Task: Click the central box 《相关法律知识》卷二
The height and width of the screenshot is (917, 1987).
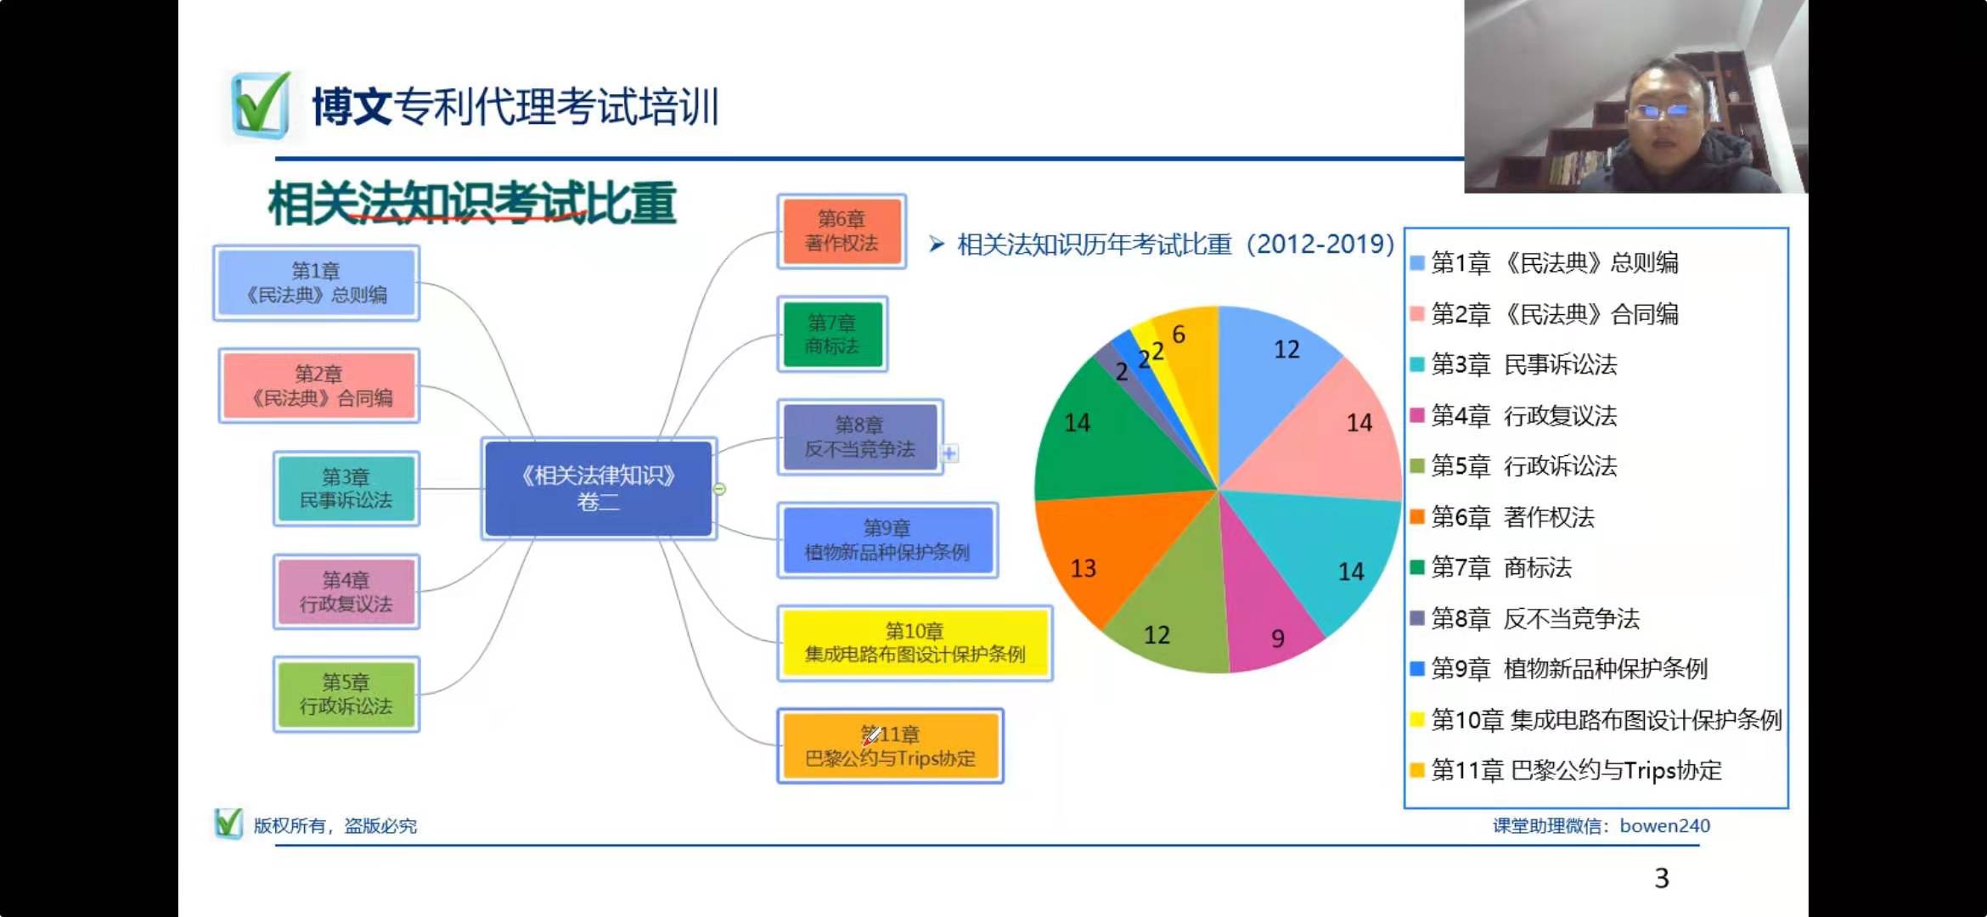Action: [599, 489]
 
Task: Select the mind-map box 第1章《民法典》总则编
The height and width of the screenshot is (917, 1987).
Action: [316, 284]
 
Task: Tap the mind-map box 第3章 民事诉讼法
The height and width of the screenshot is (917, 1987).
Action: [346, 489]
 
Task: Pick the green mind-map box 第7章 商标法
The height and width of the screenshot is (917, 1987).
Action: [832, 335]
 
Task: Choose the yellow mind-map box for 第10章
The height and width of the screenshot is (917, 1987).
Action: [915, 643]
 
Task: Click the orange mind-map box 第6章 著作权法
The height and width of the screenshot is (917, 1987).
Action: [842, 231]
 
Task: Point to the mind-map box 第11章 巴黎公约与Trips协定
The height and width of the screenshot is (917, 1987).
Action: [890, 746]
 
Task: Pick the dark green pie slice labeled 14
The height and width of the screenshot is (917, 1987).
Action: [1104, 433]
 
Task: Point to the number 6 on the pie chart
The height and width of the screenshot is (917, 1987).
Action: [1179, 335]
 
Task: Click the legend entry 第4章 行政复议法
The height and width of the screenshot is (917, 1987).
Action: [1514, 415]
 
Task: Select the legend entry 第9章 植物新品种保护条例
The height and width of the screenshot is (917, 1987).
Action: [1559, 669]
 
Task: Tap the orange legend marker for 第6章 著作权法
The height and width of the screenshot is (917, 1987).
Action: [1416, 516]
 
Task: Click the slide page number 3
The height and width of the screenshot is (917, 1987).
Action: [1662, 878]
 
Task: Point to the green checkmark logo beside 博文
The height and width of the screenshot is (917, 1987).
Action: [260, 105]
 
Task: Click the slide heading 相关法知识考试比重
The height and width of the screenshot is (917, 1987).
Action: [472, 204]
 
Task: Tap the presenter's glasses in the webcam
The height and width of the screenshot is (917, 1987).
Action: [1662, 110]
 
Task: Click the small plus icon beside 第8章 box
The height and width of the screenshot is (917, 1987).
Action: [949, 453]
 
